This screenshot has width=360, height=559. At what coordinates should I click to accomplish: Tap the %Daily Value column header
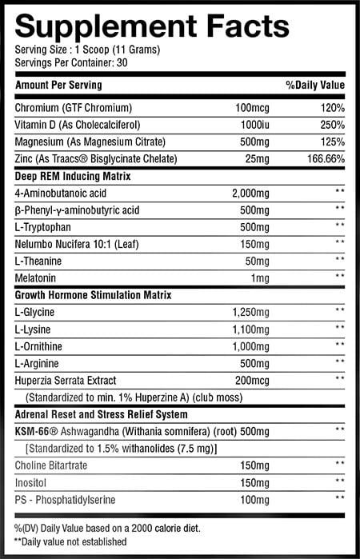click(315, 85)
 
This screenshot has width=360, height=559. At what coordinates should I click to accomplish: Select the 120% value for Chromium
click(330, 107)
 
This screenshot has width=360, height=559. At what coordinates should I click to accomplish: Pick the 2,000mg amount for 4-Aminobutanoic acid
click(253, 194)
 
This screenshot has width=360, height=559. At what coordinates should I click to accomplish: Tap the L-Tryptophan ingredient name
click(42, 227)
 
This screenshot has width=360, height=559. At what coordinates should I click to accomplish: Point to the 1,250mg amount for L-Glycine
click(254, 311)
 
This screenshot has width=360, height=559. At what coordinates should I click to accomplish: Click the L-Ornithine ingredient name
click(40, 345)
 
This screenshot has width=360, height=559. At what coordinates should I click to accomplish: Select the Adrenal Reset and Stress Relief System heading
click(102, 414)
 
